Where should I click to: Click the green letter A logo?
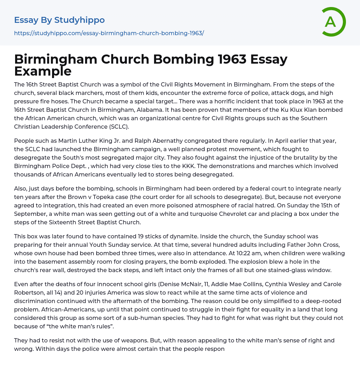333,22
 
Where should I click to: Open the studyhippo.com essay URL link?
109,33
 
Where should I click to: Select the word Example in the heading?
43,71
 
